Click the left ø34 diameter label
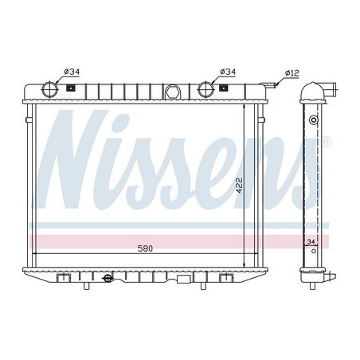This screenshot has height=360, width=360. click(72, 72)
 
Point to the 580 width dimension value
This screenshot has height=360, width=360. click(143, 248)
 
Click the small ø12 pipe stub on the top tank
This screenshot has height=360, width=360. click(273, 82)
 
